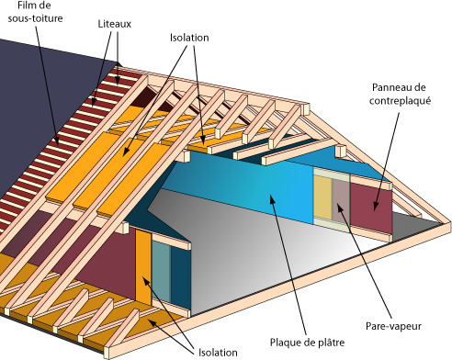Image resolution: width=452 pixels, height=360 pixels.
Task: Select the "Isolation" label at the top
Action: coord(188,38)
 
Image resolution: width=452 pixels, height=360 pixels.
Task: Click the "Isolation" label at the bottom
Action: coord(216,351)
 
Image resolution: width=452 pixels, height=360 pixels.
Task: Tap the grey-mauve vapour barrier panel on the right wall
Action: coord(341,200)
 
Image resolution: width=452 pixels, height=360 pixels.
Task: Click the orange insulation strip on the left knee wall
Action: coord(142,266)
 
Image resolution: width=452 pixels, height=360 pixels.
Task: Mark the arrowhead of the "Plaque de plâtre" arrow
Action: coord(273,197)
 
